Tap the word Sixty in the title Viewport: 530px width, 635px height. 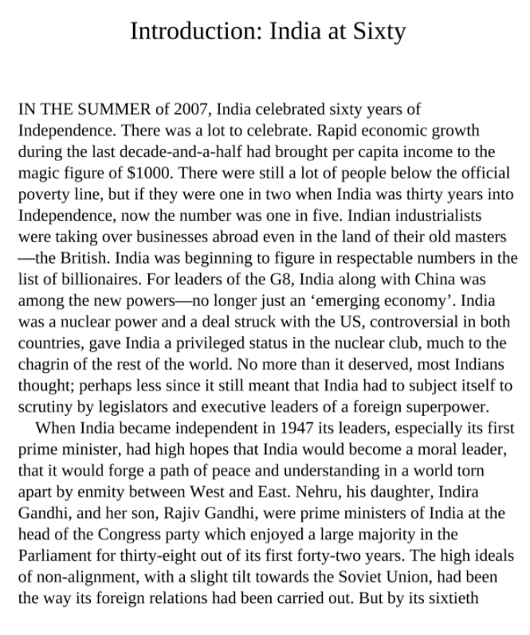click(x=377, y=32)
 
